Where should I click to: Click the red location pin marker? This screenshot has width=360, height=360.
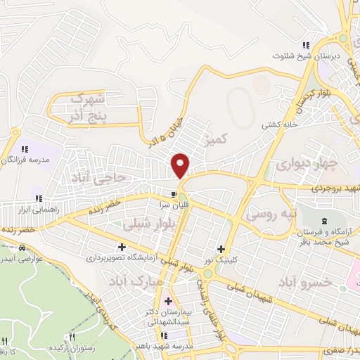(x=181, y=165)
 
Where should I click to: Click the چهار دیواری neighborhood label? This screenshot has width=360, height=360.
(x=316, y=165)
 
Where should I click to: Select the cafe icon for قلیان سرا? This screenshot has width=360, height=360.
(x=173, y=194)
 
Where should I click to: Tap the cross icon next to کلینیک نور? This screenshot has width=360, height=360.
(x=221, y=249)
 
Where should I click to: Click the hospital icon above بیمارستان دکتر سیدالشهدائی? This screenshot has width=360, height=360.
(x=168, y=302)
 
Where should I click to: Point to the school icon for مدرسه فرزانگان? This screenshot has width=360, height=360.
(x=25, y=149)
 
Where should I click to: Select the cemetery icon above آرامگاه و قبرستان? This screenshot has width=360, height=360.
(x=325, y=223)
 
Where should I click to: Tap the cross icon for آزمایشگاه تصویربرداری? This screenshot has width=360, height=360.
(x=122, y=247)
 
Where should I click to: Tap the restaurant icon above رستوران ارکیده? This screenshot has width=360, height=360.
(x=71, y=338)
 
